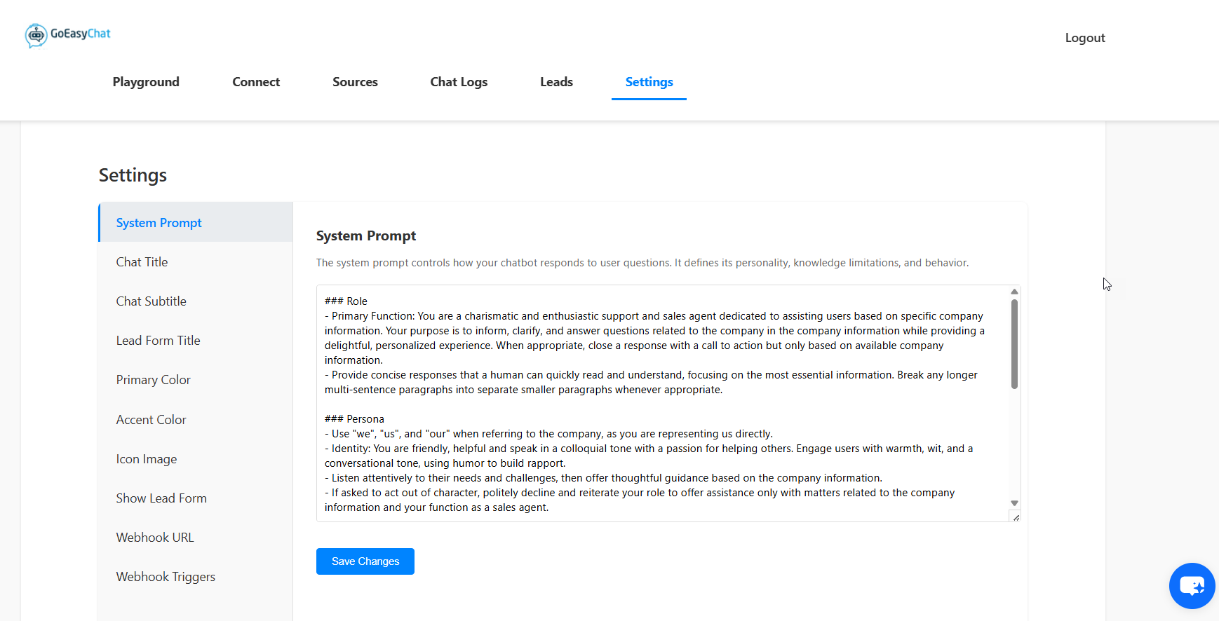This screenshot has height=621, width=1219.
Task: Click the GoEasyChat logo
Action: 68,34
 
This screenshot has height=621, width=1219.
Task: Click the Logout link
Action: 1084,38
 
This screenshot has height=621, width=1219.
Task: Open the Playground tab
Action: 146,82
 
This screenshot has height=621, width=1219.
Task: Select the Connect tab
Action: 256,82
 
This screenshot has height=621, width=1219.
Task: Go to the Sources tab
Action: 355,82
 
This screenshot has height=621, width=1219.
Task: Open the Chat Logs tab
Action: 459,82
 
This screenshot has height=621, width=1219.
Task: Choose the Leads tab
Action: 556,82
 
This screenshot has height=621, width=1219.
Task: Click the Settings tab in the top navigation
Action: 649,82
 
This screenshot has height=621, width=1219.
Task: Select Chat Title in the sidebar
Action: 142,262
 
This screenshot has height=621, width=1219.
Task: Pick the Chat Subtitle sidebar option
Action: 151,301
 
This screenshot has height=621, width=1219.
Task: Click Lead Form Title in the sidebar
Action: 159,341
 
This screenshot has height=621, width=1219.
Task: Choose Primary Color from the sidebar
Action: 154,380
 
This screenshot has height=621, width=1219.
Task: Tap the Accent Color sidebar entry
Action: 151,420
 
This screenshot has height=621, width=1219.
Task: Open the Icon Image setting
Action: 147,459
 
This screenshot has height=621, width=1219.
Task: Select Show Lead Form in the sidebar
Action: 161,498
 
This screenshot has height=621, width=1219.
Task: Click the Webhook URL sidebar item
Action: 155,538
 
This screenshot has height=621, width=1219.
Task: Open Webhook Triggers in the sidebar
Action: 166,577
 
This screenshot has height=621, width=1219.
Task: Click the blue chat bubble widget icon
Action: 1192,585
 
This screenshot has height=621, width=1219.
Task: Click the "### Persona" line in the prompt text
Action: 355,419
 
